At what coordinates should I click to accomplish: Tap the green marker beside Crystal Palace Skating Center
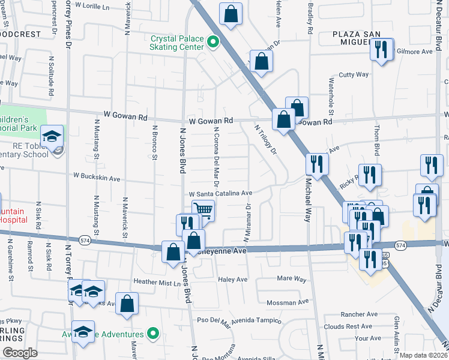click(212, 42)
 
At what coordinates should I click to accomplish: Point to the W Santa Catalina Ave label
click(220, 194)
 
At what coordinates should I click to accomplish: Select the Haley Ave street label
click(234, 280)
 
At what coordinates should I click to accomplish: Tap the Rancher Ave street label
click(358, 314)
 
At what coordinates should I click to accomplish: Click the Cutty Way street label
click(354, 74)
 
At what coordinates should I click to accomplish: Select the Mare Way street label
click(292, 279)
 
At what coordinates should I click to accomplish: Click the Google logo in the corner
click(20, 353)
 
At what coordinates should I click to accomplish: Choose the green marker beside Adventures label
click(153, 334)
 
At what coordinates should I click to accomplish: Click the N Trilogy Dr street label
click(268, 140)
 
